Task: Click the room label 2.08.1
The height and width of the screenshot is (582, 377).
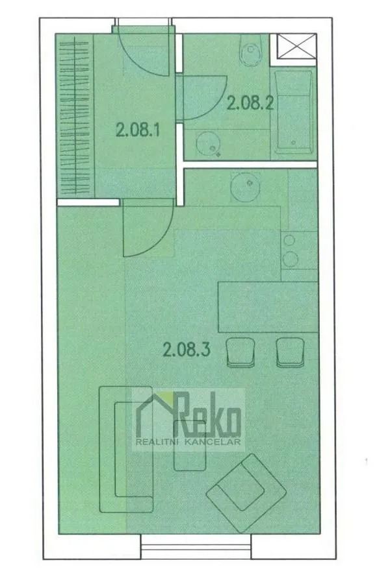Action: [x=138, y=130]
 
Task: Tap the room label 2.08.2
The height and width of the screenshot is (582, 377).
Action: [x=250, y=103]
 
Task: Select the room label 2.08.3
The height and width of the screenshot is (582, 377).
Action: [x=187, y=350]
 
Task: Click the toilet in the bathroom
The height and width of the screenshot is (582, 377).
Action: [x=251, y=50]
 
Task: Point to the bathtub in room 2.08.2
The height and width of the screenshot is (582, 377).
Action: [x=293, y=112]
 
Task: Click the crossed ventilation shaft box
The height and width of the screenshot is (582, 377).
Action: [x=296, y=46]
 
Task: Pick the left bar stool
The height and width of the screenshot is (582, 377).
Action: [x=240, y=352]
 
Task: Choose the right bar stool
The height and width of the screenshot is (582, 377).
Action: [x=291, y=352]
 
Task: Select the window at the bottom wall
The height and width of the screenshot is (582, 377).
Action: [x=196, y=547]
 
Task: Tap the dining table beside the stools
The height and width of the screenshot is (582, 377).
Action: [x=268, y=307]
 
